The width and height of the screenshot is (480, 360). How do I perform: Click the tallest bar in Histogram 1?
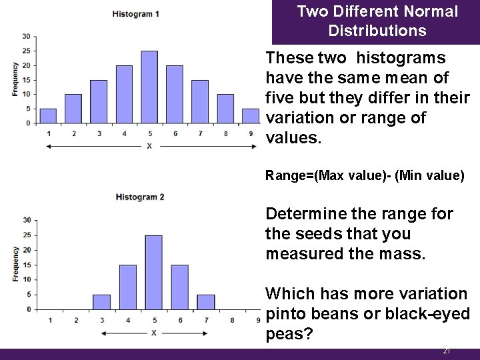click(x=149, y=87)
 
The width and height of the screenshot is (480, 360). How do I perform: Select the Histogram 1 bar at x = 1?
click(x=48, y=116)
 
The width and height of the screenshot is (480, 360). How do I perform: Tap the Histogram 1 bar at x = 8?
click(x=225, y=109)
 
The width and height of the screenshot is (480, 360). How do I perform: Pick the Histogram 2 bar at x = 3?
click(x=102, y=302)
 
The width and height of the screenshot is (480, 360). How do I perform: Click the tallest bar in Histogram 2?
click(x=153, y=272)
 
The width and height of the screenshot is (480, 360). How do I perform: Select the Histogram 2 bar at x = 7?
click(x=206, y=302)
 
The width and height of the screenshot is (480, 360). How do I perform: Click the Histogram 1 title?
click(x=135, y=14)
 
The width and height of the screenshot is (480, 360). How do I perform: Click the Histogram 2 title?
click(x=139, y=197)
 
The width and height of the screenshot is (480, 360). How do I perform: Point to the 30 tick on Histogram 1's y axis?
click(x=25, y=36)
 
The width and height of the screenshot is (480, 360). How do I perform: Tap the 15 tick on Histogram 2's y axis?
click(x=26, y=265)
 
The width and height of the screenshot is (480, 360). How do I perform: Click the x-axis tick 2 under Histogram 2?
click(x=76, y=321)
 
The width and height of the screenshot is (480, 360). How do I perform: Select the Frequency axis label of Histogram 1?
click(x=15, y=79)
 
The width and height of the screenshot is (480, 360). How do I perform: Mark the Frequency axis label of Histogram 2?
click(x=15, y=264)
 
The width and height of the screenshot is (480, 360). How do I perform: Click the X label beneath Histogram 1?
click(x=149, y=146)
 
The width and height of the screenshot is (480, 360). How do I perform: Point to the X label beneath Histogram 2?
click(x=154, y=332)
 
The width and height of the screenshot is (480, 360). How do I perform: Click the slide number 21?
click(x=447, y=351)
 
